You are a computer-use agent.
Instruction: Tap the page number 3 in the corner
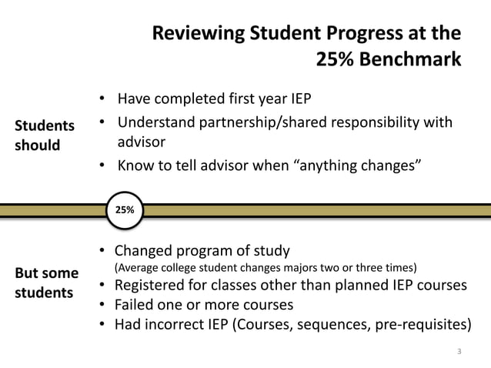tap(459, 353)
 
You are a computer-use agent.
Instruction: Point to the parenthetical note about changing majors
tap(266, 268)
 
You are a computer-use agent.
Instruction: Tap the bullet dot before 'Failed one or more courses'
tap(102, 305)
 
